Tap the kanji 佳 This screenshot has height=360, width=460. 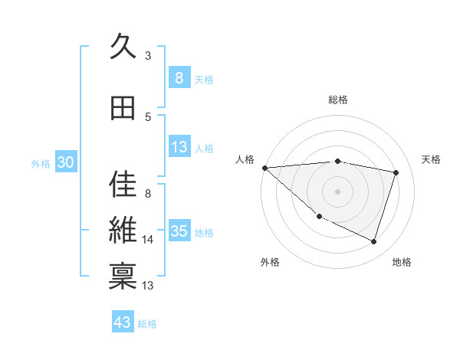point(123,183)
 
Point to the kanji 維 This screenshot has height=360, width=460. point(123,230)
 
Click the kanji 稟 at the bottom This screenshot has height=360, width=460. point(123,276)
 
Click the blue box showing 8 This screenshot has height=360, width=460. point(179,78)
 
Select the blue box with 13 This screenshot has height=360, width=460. point(179,148)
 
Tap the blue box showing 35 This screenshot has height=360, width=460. point(179,232)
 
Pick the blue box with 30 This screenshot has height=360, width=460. point(65,162)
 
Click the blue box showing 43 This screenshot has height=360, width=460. point(123,322)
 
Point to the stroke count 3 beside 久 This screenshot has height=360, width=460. point(148,55)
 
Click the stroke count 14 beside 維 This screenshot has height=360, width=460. point(148,240)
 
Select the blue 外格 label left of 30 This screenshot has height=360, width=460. point(41,163)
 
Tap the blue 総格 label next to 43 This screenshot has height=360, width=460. point(147,324)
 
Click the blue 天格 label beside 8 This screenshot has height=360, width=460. point(203,79)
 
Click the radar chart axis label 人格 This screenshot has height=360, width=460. point(245,159)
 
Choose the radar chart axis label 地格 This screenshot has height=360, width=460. point(402,262)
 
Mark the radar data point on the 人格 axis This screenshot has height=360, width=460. point(264,168)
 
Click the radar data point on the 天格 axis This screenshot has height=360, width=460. point(396,172)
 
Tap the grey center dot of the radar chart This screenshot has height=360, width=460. point(337,191)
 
